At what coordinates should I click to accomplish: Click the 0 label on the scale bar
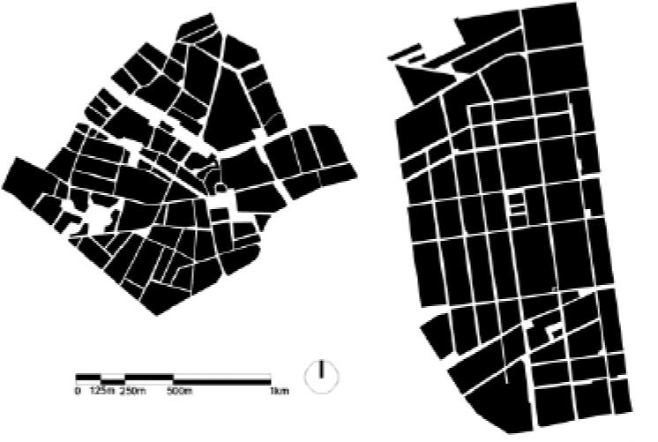click(78, 390)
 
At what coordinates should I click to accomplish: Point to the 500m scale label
click(180, 390)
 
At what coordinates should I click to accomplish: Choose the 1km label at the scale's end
click(279, 390)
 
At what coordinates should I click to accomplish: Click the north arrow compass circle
click(322, 375)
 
